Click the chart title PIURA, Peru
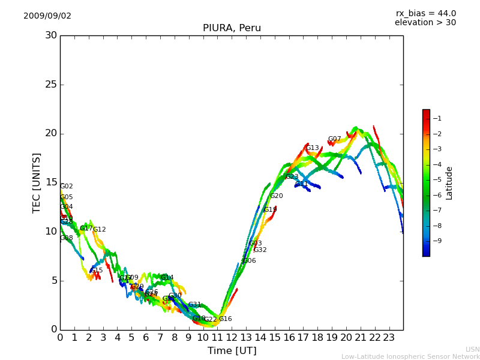232,28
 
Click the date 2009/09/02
47,16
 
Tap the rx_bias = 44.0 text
425,14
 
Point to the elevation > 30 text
425,23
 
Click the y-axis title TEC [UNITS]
37,182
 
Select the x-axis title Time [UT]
232,350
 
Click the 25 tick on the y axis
50,85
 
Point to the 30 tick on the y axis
50,35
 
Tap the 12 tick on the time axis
232,338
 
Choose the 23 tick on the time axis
389,338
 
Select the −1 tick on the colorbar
437,118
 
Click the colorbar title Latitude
449,182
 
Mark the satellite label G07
334,139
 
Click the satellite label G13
313,148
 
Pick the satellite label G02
66,187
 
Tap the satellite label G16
225,319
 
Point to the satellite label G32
260,250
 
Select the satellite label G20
276,196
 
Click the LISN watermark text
472,349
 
